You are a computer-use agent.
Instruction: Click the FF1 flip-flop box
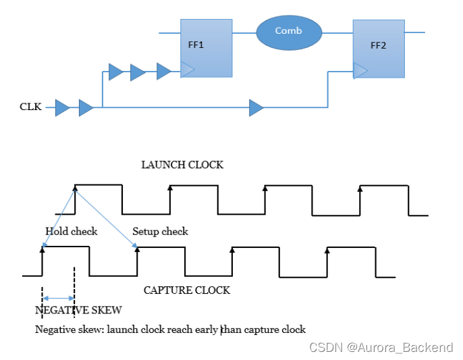click(x=207, y=47)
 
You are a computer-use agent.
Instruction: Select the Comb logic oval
click(x=289, y=32)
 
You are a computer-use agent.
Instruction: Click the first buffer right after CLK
click(x=62, y=107)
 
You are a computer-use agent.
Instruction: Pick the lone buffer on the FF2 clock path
click(x=256, y=107)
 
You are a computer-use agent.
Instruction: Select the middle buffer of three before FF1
click(x=138, y=72)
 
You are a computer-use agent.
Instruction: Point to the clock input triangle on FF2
click(x=360, y=70)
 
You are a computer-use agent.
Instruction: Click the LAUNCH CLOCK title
click(x=182, y=165)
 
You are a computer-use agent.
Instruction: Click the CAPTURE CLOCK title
click(x=187, y=290)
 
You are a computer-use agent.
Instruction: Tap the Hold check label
click(x=71, y=232)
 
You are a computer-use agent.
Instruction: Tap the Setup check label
click(x=160, y=232)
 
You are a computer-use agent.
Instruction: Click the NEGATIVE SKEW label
click(x=78, y=310)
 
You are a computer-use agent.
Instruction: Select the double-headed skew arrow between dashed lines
click(x=59, y=298)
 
